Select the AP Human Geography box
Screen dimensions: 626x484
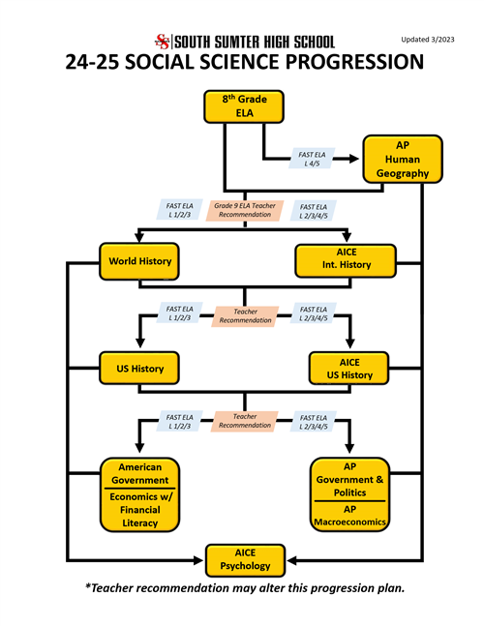(x=403, y=159)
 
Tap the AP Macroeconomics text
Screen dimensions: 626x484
(x=350, y=515)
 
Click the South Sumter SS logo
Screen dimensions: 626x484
(x=162, y=41)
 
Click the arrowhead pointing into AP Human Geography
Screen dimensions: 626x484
(x=355, y=158)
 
